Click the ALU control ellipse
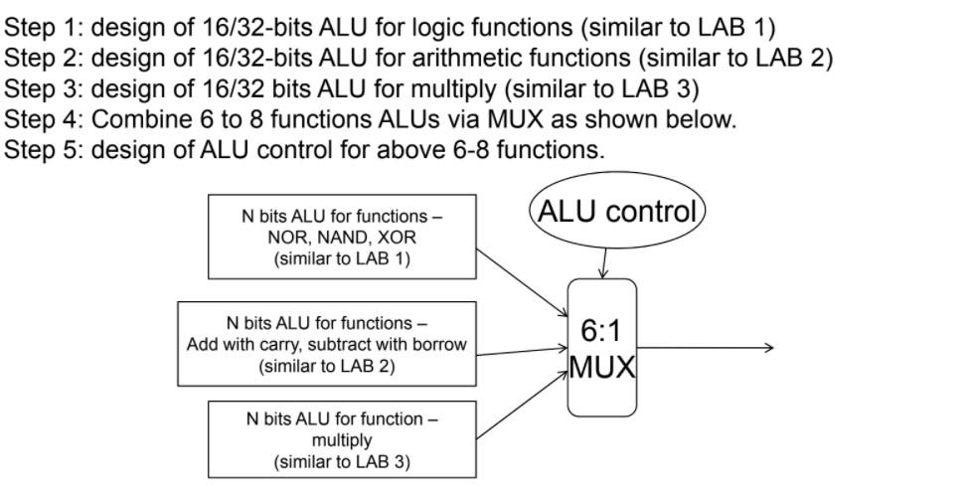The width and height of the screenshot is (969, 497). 616,211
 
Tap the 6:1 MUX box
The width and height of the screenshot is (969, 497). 602,348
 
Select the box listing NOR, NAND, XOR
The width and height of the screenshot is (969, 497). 342,237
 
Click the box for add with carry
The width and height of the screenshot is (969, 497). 327,344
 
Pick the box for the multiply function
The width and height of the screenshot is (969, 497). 342,440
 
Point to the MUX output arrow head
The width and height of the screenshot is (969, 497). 767,347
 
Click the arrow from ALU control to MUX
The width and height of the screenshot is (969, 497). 603,264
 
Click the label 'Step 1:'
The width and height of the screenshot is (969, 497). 43,27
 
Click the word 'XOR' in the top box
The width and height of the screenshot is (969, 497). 398,238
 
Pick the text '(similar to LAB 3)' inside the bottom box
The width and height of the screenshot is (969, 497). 342,461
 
